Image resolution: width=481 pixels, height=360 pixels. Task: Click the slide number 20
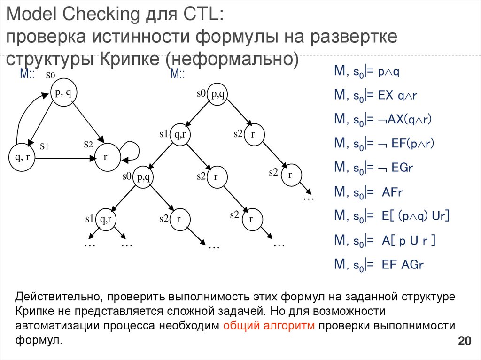[x=464, y=341]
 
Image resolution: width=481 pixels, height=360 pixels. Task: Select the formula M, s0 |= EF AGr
[x=379, y=264]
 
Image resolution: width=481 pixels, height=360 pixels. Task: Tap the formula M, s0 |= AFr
[x=369, y=192]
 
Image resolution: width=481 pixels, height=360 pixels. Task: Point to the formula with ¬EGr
[x=373, y=168]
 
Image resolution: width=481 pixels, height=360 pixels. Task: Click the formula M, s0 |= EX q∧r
[x=376, y=96]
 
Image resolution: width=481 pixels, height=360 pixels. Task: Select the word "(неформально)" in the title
[x=234, y=60]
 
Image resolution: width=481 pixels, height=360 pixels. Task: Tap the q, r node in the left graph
[x=22, y=158]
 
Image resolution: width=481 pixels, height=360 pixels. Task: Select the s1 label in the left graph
[x=45, y=146]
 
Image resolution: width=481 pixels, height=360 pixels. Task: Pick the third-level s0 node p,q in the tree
[x=144, y=177]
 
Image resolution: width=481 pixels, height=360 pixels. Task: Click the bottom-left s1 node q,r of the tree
[x=106, y=219]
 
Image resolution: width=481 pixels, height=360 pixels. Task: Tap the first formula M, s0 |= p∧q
[x=366, y=71]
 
